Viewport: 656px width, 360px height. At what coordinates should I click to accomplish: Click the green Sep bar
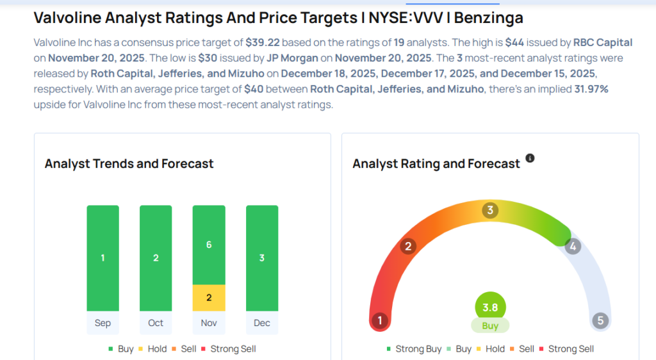click(102, 258)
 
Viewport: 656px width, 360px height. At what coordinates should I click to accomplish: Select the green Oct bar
click(156, 258)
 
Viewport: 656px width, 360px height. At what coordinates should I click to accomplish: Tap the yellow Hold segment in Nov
click(209, 298)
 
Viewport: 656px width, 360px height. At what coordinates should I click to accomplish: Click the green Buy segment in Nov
click(209, 245)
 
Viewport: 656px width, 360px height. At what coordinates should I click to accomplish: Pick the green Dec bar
click(262, 258)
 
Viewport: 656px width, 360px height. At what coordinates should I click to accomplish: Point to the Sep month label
click(102, 323)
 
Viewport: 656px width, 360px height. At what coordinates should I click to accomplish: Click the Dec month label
click(262, 323)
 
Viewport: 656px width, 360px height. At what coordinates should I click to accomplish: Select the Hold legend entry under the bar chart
click(153, 349)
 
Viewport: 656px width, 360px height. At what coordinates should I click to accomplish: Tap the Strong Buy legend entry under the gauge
click(414, 349)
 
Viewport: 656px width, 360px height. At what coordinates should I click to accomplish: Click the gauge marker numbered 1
click(380, 320)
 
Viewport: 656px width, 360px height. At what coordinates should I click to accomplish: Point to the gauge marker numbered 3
click(491, 210)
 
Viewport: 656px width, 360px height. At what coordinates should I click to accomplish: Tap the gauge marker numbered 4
click(573, 246)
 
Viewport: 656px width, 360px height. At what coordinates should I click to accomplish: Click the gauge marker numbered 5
click(600, 320)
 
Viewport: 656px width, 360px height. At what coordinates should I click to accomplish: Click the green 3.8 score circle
click(490, 307)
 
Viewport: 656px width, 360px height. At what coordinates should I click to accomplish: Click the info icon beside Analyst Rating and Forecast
click(530, 158)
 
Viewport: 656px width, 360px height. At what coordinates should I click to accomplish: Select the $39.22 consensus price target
click(262, 43)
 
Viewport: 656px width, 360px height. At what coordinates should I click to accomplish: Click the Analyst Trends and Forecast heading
click(129, 163)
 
